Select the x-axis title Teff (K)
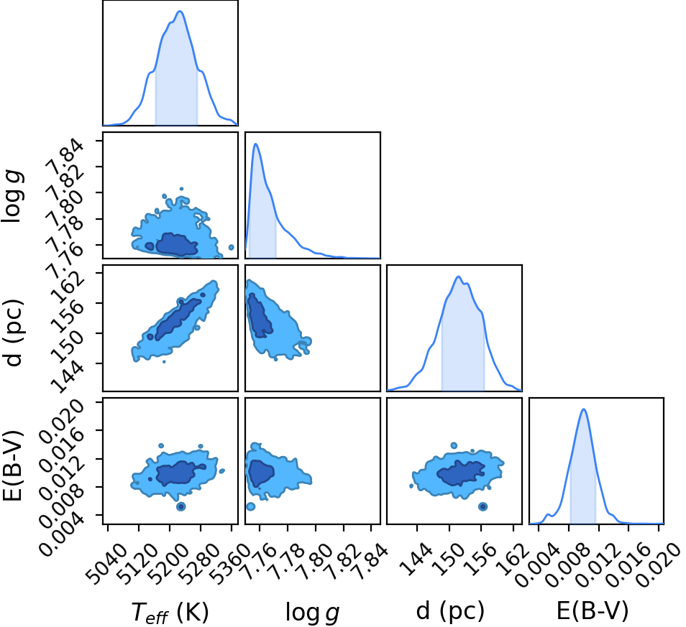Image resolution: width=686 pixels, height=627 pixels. pyautogui.click(x=170, y=612)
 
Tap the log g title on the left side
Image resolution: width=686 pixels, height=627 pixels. pyautogui.click(x=13, y=197)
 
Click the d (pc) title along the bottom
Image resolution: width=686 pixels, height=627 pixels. pyautogui.click(x=451, y=610)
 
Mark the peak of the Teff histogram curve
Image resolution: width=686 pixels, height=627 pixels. pyautogui.click(x=180, y=11)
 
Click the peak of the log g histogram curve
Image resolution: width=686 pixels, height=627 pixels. pyautogui.click(x=256, y=144)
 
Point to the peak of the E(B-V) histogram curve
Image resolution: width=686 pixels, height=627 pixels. pyautogui.click(x=583, y=409)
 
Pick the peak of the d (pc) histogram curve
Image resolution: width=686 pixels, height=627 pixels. pyautogui.click(x=459, y=277)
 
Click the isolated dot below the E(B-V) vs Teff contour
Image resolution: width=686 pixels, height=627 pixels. pyautogui.click(x=180, y=507)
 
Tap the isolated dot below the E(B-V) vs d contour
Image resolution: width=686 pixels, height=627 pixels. pyautogui.click(x=483, y=507)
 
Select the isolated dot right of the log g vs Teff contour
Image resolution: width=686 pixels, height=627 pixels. pyautogui.click(x=231, y=248)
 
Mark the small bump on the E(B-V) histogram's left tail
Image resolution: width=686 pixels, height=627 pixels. pyautogui.click(x=547, y=514)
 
